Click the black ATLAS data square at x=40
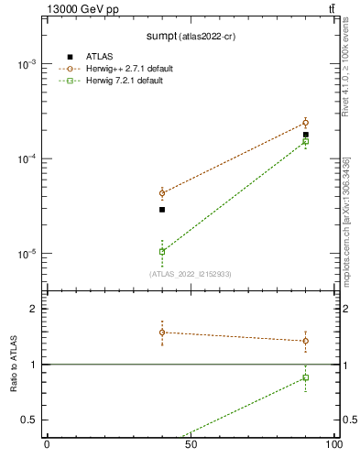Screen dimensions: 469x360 click(x=162, y=210)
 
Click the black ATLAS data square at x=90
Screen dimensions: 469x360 click(x=306, y=135)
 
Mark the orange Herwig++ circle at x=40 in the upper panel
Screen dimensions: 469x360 click(x=162, y=193)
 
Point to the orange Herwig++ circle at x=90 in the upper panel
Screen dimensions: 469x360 click(x=306, y=123)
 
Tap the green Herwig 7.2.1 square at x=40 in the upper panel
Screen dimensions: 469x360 click(x=162, y=251)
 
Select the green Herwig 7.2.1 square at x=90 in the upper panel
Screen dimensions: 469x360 click(x=306, y=141)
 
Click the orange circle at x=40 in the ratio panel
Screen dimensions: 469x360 click(x=162, y=333)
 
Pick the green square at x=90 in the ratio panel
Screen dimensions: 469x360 click(x=306, y=377)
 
